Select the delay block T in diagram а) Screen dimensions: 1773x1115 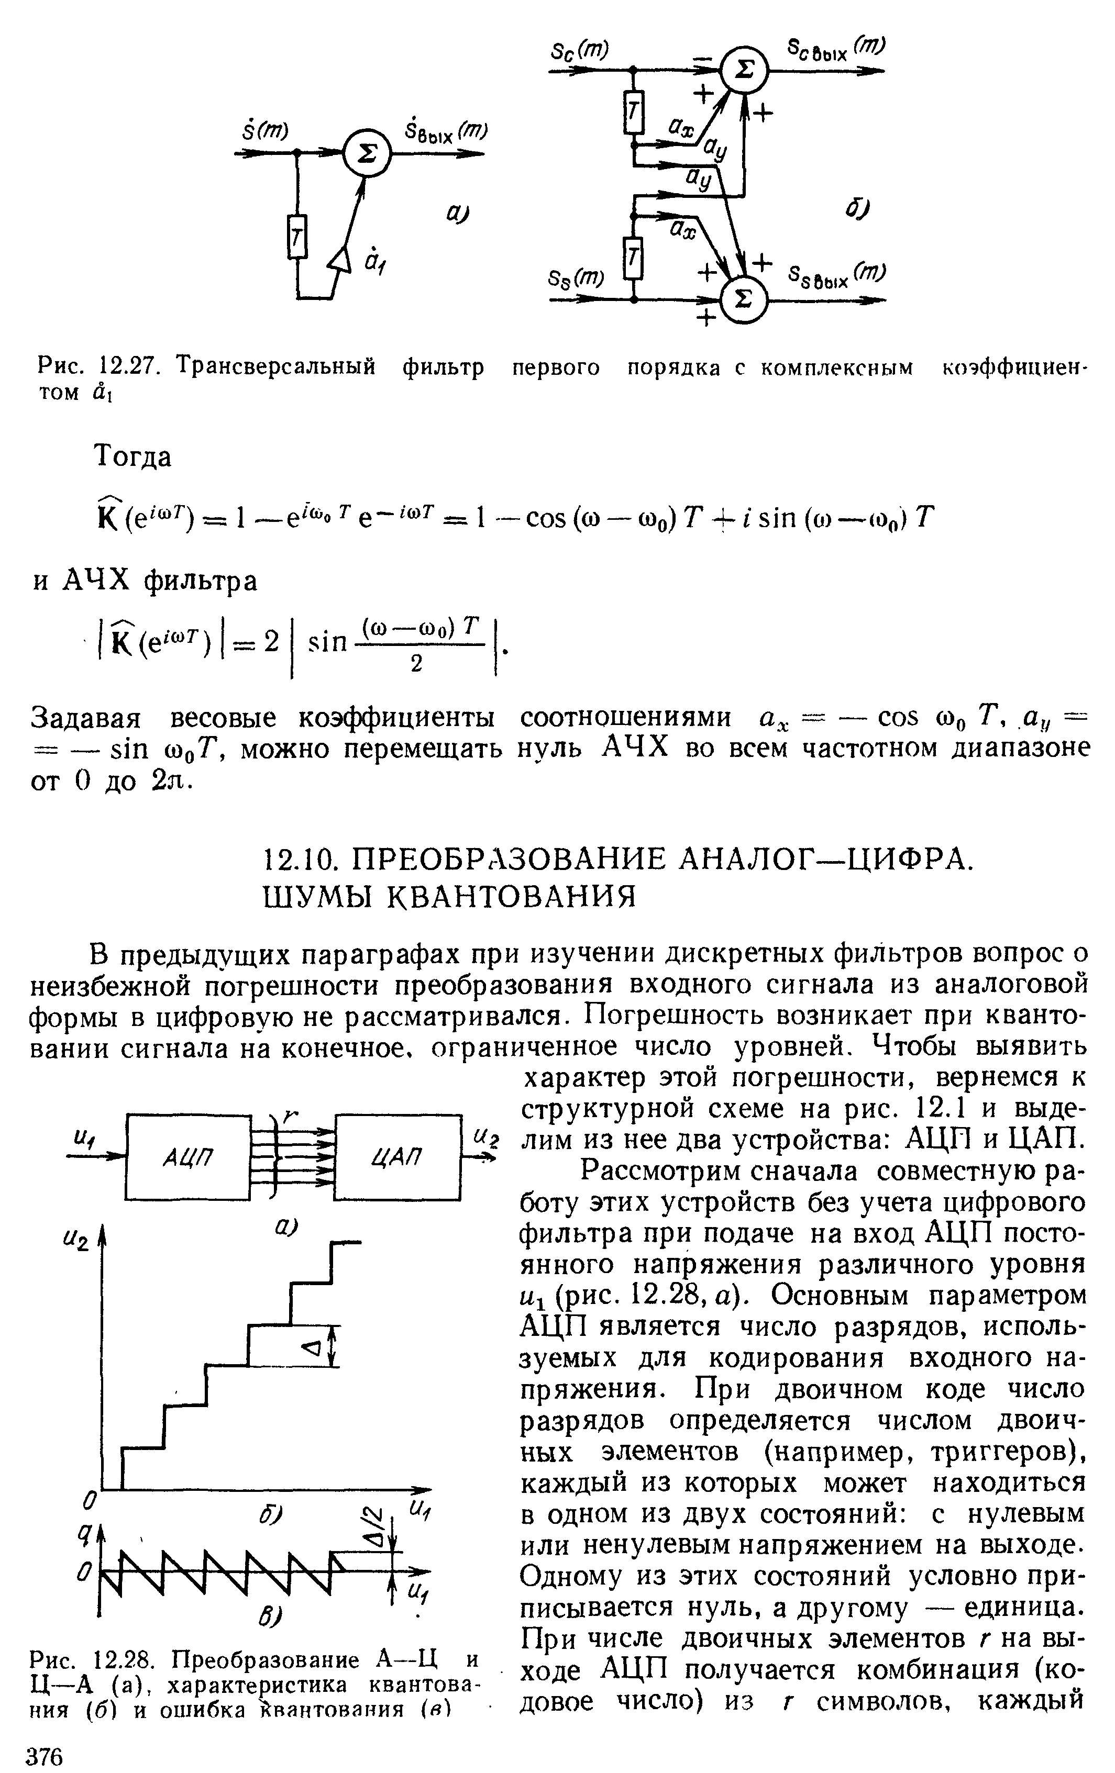[297, 237]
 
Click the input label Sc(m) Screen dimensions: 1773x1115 [579, 50]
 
